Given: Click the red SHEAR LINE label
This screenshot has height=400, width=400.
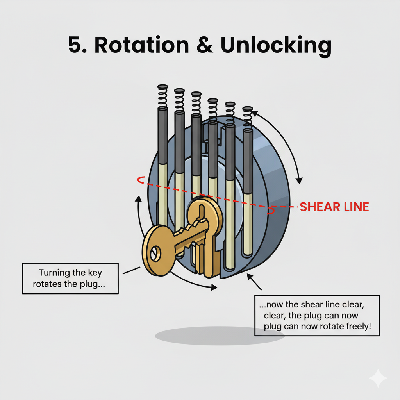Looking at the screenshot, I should (334, 207).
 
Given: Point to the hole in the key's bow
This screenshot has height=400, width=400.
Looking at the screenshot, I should (155, 254).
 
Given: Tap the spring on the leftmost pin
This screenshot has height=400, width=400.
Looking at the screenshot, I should (162, 96).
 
